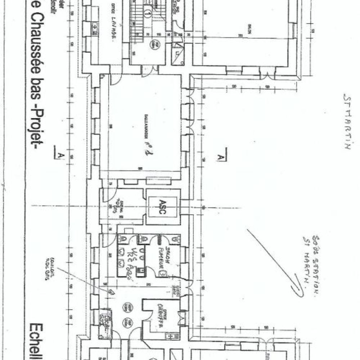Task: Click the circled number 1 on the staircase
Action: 147,14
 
